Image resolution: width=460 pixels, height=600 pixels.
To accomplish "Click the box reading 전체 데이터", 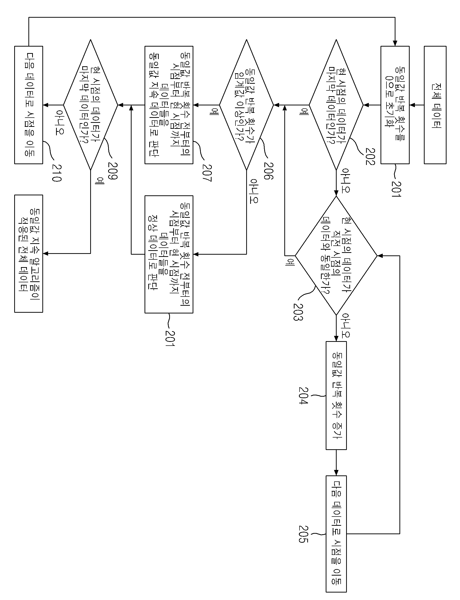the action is click(x=435, y=105).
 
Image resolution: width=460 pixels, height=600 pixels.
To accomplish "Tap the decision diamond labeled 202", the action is click(x=336, y=105).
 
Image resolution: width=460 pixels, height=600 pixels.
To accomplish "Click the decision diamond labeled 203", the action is click(x=336, y=256).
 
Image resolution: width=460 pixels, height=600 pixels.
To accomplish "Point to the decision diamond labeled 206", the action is click(x=246, y=105).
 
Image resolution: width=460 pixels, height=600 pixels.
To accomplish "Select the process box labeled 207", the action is click(x=169, y=105).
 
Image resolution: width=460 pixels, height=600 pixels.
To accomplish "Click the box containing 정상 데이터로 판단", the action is click(x=169, y=254).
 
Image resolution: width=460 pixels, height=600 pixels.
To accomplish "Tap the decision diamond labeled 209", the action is click(x=91, y=105).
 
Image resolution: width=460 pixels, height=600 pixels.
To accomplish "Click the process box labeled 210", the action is click(x=29, y=105).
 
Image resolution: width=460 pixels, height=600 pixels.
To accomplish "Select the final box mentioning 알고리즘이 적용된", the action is click(x=29, y=253).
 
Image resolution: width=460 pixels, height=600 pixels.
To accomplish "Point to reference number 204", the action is click(x=303, y=395).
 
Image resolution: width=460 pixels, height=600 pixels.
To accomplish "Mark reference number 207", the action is click(x=207, y=173).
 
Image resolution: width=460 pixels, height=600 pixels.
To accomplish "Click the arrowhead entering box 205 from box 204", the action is click(x=336, y=473).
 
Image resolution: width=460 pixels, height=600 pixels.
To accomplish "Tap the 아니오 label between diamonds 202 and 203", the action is click(x=346, y=181).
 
